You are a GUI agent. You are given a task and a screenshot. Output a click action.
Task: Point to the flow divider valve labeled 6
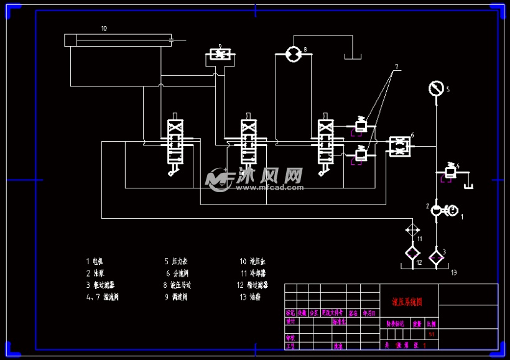[398, 147]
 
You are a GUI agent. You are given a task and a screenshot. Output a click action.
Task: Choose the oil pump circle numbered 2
[437, 210]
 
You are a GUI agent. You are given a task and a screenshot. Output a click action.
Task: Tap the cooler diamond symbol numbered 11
[412, 229]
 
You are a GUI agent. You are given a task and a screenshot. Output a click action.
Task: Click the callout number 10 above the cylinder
[104, 29]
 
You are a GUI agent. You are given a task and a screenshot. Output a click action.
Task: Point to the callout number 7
[396, 67]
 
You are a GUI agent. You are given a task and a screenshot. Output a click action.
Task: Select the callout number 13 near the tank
[453, 272]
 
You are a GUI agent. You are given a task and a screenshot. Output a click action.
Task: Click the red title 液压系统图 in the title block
[407, 302]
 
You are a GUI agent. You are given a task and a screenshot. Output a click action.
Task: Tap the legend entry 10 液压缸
[253, 262]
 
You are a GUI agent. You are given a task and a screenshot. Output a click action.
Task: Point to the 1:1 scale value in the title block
[432, 335]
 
